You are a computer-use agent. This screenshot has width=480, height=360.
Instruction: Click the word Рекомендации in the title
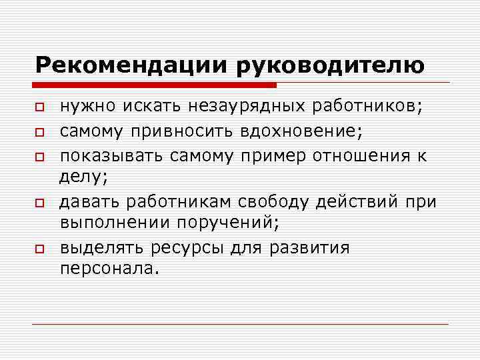131,65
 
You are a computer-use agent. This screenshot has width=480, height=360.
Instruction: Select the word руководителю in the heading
329,65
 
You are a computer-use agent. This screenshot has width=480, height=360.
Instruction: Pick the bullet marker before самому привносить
40,131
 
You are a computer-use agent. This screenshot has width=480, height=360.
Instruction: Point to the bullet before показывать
40,155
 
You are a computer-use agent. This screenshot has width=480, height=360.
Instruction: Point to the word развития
309,248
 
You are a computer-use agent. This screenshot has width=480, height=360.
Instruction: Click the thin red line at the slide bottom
240,324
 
